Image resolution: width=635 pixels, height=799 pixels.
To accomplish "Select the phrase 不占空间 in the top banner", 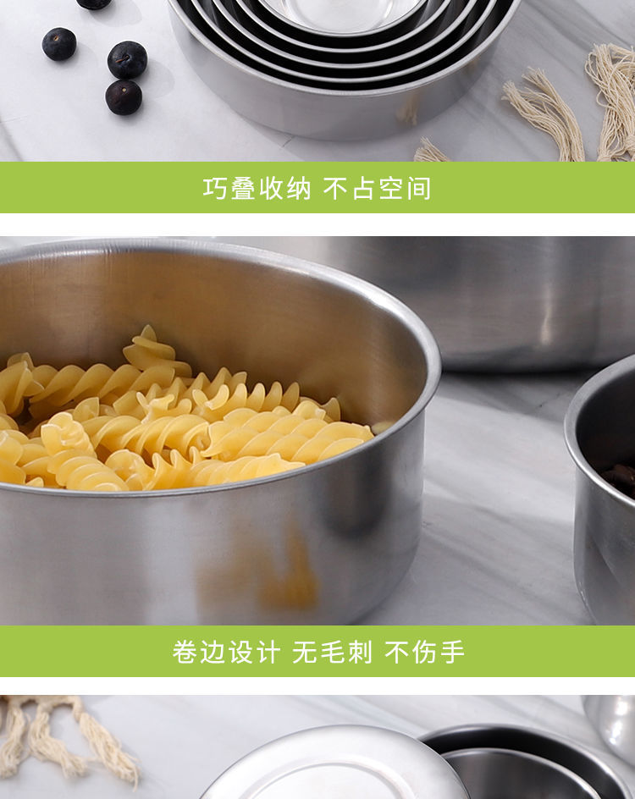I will click(x=378, y=188).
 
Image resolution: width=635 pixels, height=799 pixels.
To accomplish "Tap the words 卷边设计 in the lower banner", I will click(x=225, y=652).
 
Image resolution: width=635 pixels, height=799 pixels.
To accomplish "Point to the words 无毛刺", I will click(x=332, y=652).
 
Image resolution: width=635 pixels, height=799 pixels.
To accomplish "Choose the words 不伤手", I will click(x=425, y=652).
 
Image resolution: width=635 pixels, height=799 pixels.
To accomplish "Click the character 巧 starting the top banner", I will click(x=216, y=188).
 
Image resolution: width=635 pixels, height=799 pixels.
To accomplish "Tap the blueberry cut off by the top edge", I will click(x=93, y=3).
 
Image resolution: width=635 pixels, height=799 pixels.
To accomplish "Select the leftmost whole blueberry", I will click(x=59, y=44).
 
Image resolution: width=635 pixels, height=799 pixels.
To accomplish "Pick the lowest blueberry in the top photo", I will click(x=124, y=97).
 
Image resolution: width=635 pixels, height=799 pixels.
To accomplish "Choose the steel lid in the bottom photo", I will click(x=334, y=766).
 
